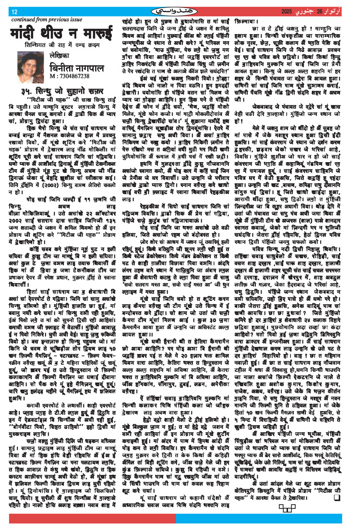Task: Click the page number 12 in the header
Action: [14, 12]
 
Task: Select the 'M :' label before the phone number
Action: [53, 76]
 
